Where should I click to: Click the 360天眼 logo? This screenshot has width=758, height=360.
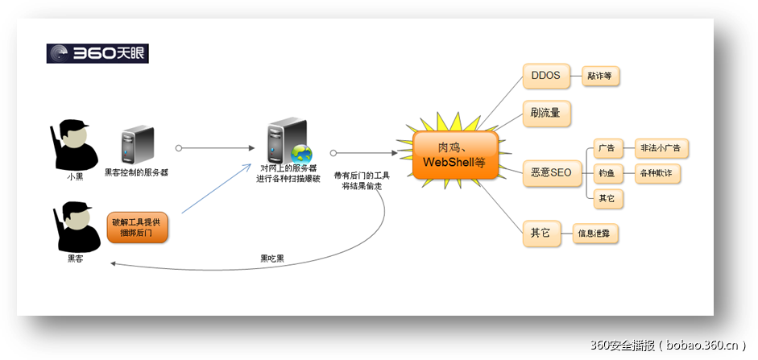[x=97, y=54]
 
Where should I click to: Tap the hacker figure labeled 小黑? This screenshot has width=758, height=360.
[x=74, y=145]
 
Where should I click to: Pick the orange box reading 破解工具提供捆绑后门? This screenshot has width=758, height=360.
[x=138, y=227]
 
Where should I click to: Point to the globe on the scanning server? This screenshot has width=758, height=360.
[x=301, y=154]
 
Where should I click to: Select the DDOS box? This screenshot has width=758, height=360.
[x=545, y=77]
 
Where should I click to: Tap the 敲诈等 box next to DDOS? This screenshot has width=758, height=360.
[x=600, y=77]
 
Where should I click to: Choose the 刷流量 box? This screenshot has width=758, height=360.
[x=545, y=113]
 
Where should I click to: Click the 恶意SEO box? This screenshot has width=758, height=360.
[x=550, y=172]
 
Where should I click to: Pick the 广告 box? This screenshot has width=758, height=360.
[x=607, y=148]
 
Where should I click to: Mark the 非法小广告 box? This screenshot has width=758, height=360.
[x=662, y=148]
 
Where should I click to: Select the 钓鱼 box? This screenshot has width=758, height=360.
[x=607, y=173]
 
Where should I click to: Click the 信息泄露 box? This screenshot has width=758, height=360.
[x=597, y=235]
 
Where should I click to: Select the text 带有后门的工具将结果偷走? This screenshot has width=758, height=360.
[x=362, y=180]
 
